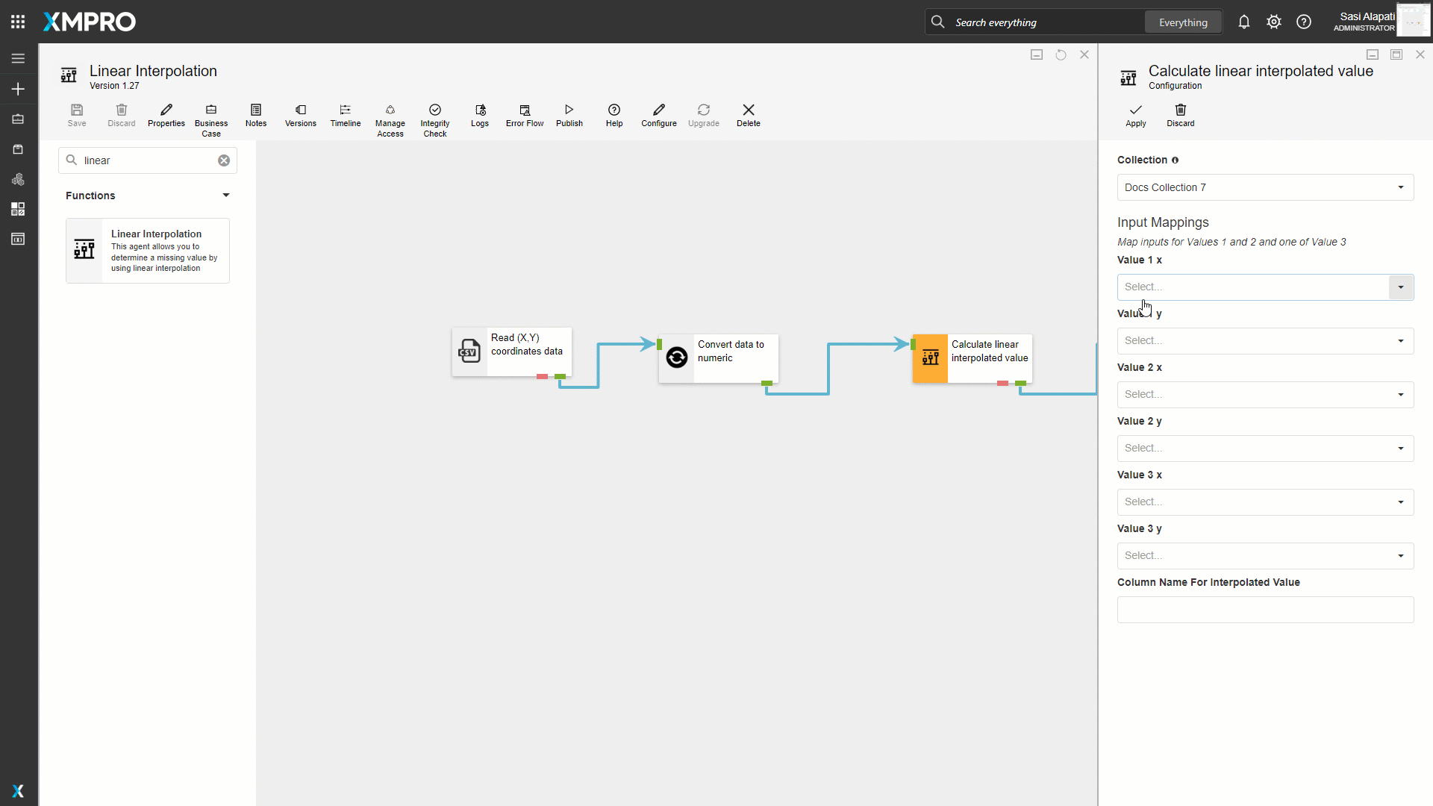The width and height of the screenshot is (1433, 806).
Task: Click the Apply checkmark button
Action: (1135, 116)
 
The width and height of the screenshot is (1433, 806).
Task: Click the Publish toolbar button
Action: (569, 116)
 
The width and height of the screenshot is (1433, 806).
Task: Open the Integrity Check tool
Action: (435, 120)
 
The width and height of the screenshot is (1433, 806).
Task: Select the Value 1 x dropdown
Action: (1265, 287)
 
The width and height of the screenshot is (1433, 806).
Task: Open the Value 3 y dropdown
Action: (1265, 556)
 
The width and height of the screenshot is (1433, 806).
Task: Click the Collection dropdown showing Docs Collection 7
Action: (1265, 187)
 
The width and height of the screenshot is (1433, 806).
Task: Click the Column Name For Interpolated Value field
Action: (1265, 610)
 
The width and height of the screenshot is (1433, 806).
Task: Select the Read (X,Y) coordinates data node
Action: (512, 352)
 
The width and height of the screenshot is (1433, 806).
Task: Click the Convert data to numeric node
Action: (719, 358)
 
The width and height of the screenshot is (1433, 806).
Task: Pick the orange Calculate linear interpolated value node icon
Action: (930, 358)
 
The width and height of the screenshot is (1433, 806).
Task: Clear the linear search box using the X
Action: (224, 160)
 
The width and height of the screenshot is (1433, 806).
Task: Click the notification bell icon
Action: (1244, 22)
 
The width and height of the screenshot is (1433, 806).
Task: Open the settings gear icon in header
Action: (1274, 22)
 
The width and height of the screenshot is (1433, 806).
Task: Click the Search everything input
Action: (1045, 22)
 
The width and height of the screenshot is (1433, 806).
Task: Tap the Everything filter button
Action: (1183, 22)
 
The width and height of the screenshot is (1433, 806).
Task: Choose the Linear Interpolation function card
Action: (148, 251)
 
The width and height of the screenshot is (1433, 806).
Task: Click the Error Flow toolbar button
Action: (525, 116)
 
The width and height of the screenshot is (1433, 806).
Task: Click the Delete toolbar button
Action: (749, 116)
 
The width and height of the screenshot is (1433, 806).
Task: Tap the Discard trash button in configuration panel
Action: (1181, 116)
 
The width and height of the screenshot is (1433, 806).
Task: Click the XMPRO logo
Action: (90, 22)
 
